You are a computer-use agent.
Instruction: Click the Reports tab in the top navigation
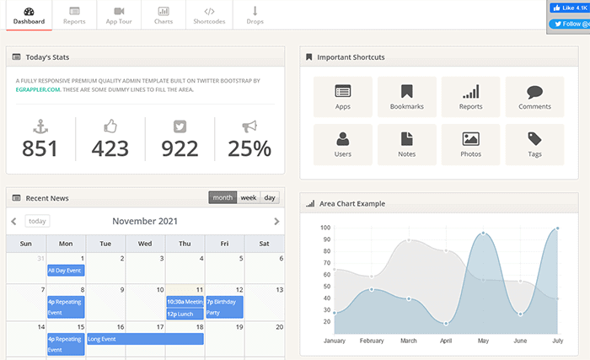click(x=74, y=14)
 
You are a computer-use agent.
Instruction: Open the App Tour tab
click(x=119, y=14)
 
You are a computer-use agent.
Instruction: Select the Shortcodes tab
click(x=209, y=14)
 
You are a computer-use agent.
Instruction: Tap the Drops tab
click(x=255, y=14)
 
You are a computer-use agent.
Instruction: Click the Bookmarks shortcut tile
click(x=407, y=97)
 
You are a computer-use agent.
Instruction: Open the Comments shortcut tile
click(x=534, y=97)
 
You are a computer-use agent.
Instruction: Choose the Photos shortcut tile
click(x=471, y=144)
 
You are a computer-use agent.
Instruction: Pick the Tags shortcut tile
click(x=534, y=144)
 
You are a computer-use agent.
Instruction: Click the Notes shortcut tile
click(x=407, y=144)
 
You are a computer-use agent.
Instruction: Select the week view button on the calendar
click(x=248, y=197)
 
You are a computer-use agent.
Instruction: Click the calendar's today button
click(x=37, y=221)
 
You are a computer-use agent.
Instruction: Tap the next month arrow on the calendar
click(x=276, y=221)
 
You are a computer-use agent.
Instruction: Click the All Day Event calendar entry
click(x=65, y=271)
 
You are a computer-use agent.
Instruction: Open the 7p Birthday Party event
click(x=224, y=306)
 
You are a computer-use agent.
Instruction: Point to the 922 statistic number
click(x=179, y=148)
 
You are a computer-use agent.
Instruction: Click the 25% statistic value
click(x=249, y=148)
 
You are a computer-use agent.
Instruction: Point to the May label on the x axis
click(x=483, y=341)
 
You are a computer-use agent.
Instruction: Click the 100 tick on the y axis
click(x=325, y=228)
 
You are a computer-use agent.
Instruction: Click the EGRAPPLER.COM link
click(x=36, y=89)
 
